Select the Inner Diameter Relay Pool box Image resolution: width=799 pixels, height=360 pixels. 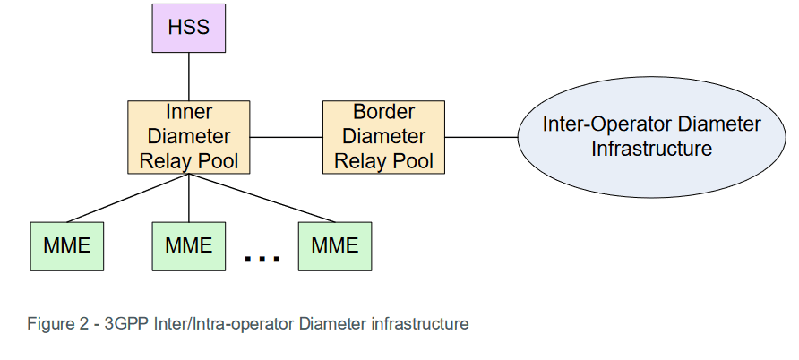click(x=188, y=137)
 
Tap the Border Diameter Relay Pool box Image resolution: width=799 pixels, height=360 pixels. click(x=383, y=137)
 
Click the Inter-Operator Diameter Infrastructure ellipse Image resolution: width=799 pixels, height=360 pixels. click(x=651, y=137)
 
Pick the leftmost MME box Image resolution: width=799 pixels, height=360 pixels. click(x=66, y=244)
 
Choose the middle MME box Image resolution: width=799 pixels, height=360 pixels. click(x=188, y=244)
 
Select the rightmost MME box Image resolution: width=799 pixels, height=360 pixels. click(x=334, y=244)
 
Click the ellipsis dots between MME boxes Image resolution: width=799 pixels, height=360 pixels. click(x=262, y=259)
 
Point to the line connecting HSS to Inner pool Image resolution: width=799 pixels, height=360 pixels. click(x=188, y=75)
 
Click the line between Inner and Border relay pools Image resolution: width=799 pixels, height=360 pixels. click(x=286, y=137)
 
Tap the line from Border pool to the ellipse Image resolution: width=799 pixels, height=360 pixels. click(x=481, y=137)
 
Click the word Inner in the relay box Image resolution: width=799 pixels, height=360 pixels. click(x=189, y=113)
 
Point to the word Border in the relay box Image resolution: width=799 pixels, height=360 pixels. click(x=383, y=113)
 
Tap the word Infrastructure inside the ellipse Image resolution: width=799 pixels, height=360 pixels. click(x=651, y=149)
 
